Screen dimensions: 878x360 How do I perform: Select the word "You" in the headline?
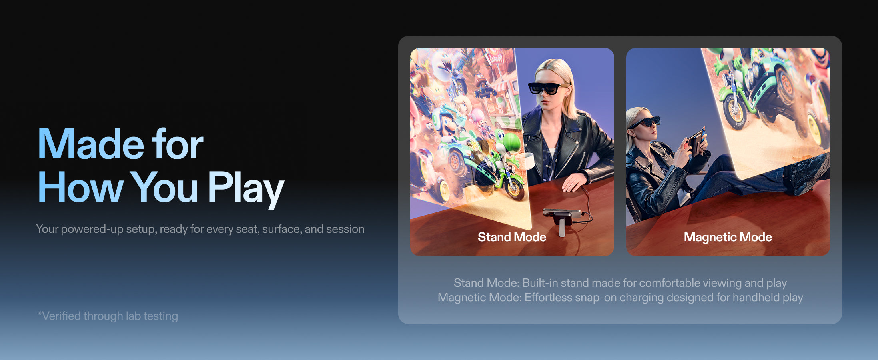164,187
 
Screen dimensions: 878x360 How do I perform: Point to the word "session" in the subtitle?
345,229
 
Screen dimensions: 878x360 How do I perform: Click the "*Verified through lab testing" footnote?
108,316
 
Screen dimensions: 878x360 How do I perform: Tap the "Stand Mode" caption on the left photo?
512,237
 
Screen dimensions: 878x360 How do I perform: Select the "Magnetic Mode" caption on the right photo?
728,237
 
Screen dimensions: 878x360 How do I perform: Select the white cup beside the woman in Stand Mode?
529,161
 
